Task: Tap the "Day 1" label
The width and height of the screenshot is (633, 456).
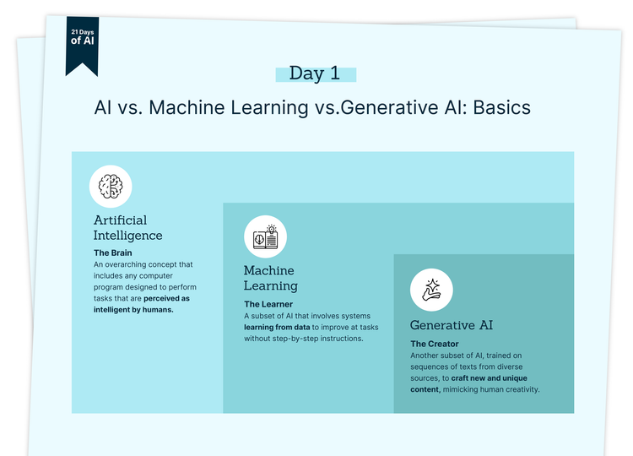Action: tap(315, 73)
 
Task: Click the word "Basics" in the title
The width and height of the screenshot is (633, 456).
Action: tap(501, 108)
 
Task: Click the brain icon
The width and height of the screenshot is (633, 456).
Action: tap(111, 186)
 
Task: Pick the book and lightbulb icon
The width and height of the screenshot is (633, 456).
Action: tap(265, 237)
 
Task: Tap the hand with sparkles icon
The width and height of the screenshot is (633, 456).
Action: tap(431, 290)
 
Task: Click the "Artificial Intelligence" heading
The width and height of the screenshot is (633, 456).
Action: tap(127, 228)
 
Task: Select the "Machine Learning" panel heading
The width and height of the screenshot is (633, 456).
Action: tap(269, 278)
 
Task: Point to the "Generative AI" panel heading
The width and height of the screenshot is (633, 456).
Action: tap(452, 325)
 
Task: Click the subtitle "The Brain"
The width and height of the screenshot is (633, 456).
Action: tap(112, 252)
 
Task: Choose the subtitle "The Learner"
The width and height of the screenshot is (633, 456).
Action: tap(268, 304)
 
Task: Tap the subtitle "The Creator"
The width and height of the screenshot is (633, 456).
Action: tap(435, 344)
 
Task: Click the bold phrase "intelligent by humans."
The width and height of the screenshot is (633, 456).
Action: tap(133, 310)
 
